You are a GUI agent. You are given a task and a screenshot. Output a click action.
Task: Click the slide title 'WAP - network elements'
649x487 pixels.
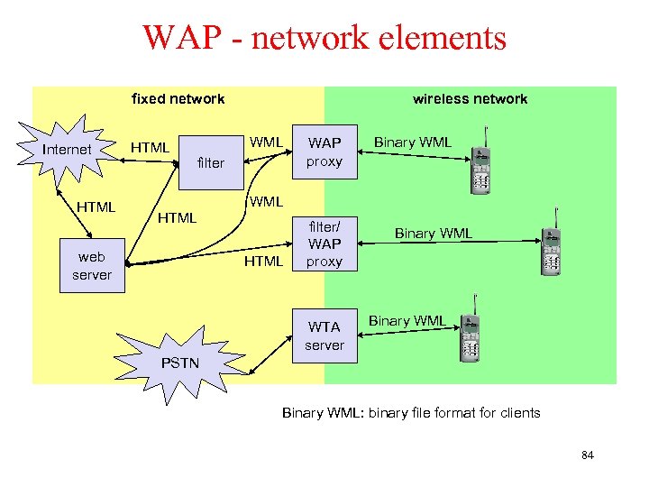(324, 38)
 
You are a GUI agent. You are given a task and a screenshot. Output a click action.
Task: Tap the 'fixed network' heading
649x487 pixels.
(178, 99)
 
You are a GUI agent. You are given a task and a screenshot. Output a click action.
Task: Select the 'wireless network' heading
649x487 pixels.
(470, 99)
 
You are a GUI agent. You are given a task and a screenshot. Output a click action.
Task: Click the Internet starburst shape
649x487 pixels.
(68, 150)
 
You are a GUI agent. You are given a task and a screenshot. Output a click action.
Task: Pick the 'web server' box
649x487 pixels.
(92, 266)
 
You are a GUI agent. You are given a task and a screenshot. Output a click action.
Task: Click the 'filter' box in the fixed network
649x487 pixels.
(210, 162)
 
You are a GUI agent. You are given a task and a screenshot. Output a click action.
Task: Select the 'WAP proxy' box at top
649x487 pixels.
(324, 152)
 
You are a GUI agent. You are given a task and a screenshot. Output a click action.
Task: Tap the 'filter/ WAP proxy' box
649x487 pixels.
(324, 243)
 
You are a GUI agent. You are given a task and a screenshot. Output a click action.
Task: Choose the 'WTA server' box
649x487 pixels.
(324, 335)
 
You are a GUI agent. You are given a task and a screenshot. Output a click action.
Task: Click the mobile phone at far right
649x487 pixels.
(552, 245)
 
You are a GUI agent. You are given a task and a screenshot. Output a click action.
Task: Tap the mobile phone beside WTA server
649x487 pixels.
(469, 337)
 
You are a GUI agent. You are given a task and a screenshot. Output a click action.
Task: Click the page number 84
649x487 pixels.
(588, 455)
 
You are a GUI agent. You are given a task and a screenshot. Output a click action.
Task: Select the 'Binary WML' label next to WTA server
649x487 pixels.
(407, 321)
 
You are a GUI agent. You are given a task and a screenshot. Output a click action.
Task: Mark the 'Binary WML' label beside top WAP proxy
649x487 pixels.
(412, 142)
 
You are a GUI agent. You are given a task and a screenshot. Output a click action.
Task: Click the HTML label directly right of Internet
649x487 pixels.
(151, 147)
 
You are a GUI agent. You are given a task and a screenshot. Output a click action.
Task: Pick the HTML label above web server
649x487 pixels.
(95, 207)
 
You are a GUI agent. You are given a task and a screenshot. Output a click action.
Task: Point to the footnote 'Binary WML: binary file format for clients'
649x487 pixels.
(411, 413)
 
